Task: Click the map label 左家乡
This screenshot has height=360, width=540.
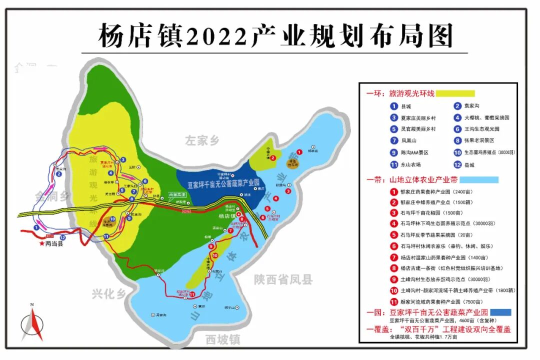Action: [x=202, y=140]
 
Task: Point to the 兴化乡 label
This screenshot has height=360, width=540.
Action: [x=109, y=294]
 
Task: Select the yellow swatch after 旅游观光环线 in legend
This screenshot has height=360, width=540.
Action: [x=455, y=93]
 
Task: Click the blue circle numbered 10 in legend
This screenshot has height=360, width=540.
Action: [x=457, y=152]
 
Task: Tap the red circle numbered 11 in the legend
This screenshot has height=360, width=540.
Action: [x=394, y=301]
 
